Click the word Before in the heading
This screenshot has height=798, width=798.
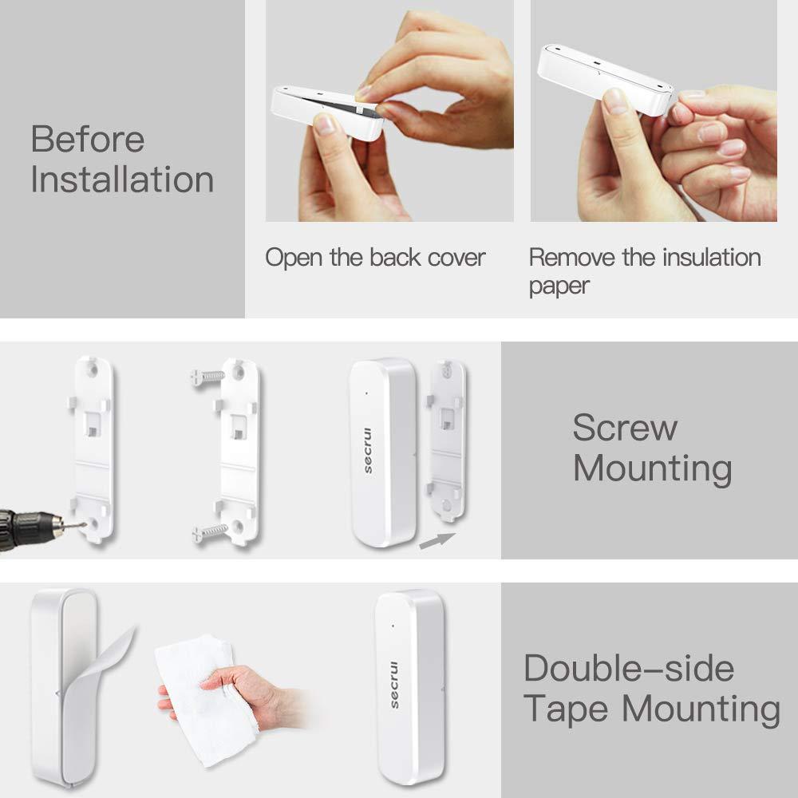pyautogui.click(x=88, y=140)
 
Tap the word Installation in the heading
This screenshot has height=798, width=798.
pyautogui.click(x=122, y=180)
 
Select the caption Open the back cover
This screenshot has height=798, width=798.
pyautogui.click(x=375, y=258)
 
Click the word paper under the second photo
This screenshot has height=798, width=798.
pyautogui.click(x=559, y=286)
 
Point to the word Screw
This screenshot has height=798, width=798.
pyautogui.click(x=625, y=429)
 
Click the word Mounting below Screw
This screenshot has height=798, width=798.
pyautogui.click(x=653, y=468)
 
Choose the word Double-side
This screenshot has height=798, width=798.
pyautogui.click(x=629, y=668)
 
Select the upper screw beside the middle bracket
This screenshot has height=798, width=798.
pyautogui.click(x=205, y=377)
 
